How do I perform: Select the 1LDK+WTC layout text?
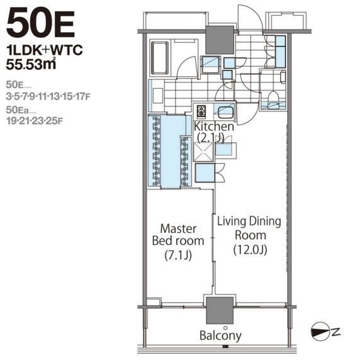tap(45, 50)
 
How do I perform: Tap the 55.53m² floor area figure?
tap(31, 64)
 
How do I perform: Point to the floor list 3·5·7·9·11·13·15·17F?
tap(48, 97)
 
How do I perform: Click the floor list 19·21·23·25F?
tap(35, 121)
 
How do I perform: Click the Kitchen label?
tap(214, 127)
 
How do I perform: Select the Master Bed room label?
tap(178, 235)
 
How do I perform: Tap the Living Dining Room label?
tap(249, 228)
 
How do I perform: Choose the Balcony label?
tap(220, 335)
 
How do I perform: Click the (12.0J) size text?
tap(250, 250)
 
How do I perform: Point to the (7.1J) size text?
tap(178, 255)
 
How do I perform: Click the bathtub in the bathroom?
tap(159, 58)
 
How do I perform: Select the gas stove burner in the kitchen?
tap(201, 111)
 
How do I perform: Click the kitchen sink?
tap(225, 112)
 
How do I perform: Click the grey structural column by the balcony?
tap(220, 310)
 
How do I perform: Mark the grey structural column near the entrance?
tap(220, 40)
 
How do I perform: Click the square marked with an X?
tap(204, 152)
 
